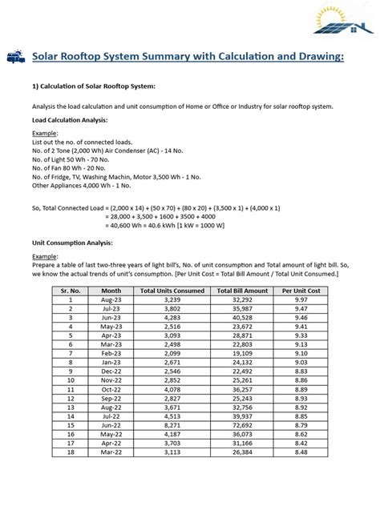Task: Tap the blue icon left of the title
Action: (x=15, y=57)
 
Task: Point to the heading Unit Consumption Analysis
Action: (x=72, y=241)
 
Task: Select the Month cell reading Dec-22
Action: (x=111, y=371)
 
